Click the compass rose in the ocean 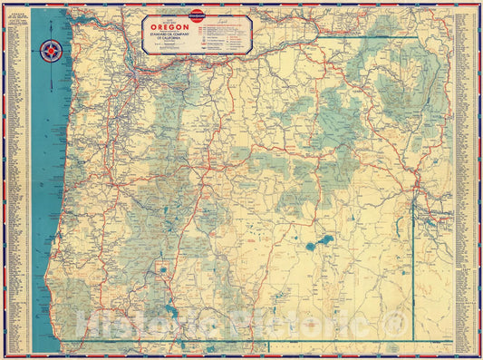50,51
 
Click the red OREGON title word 164,26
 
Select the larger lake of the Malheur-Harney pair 323,241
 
